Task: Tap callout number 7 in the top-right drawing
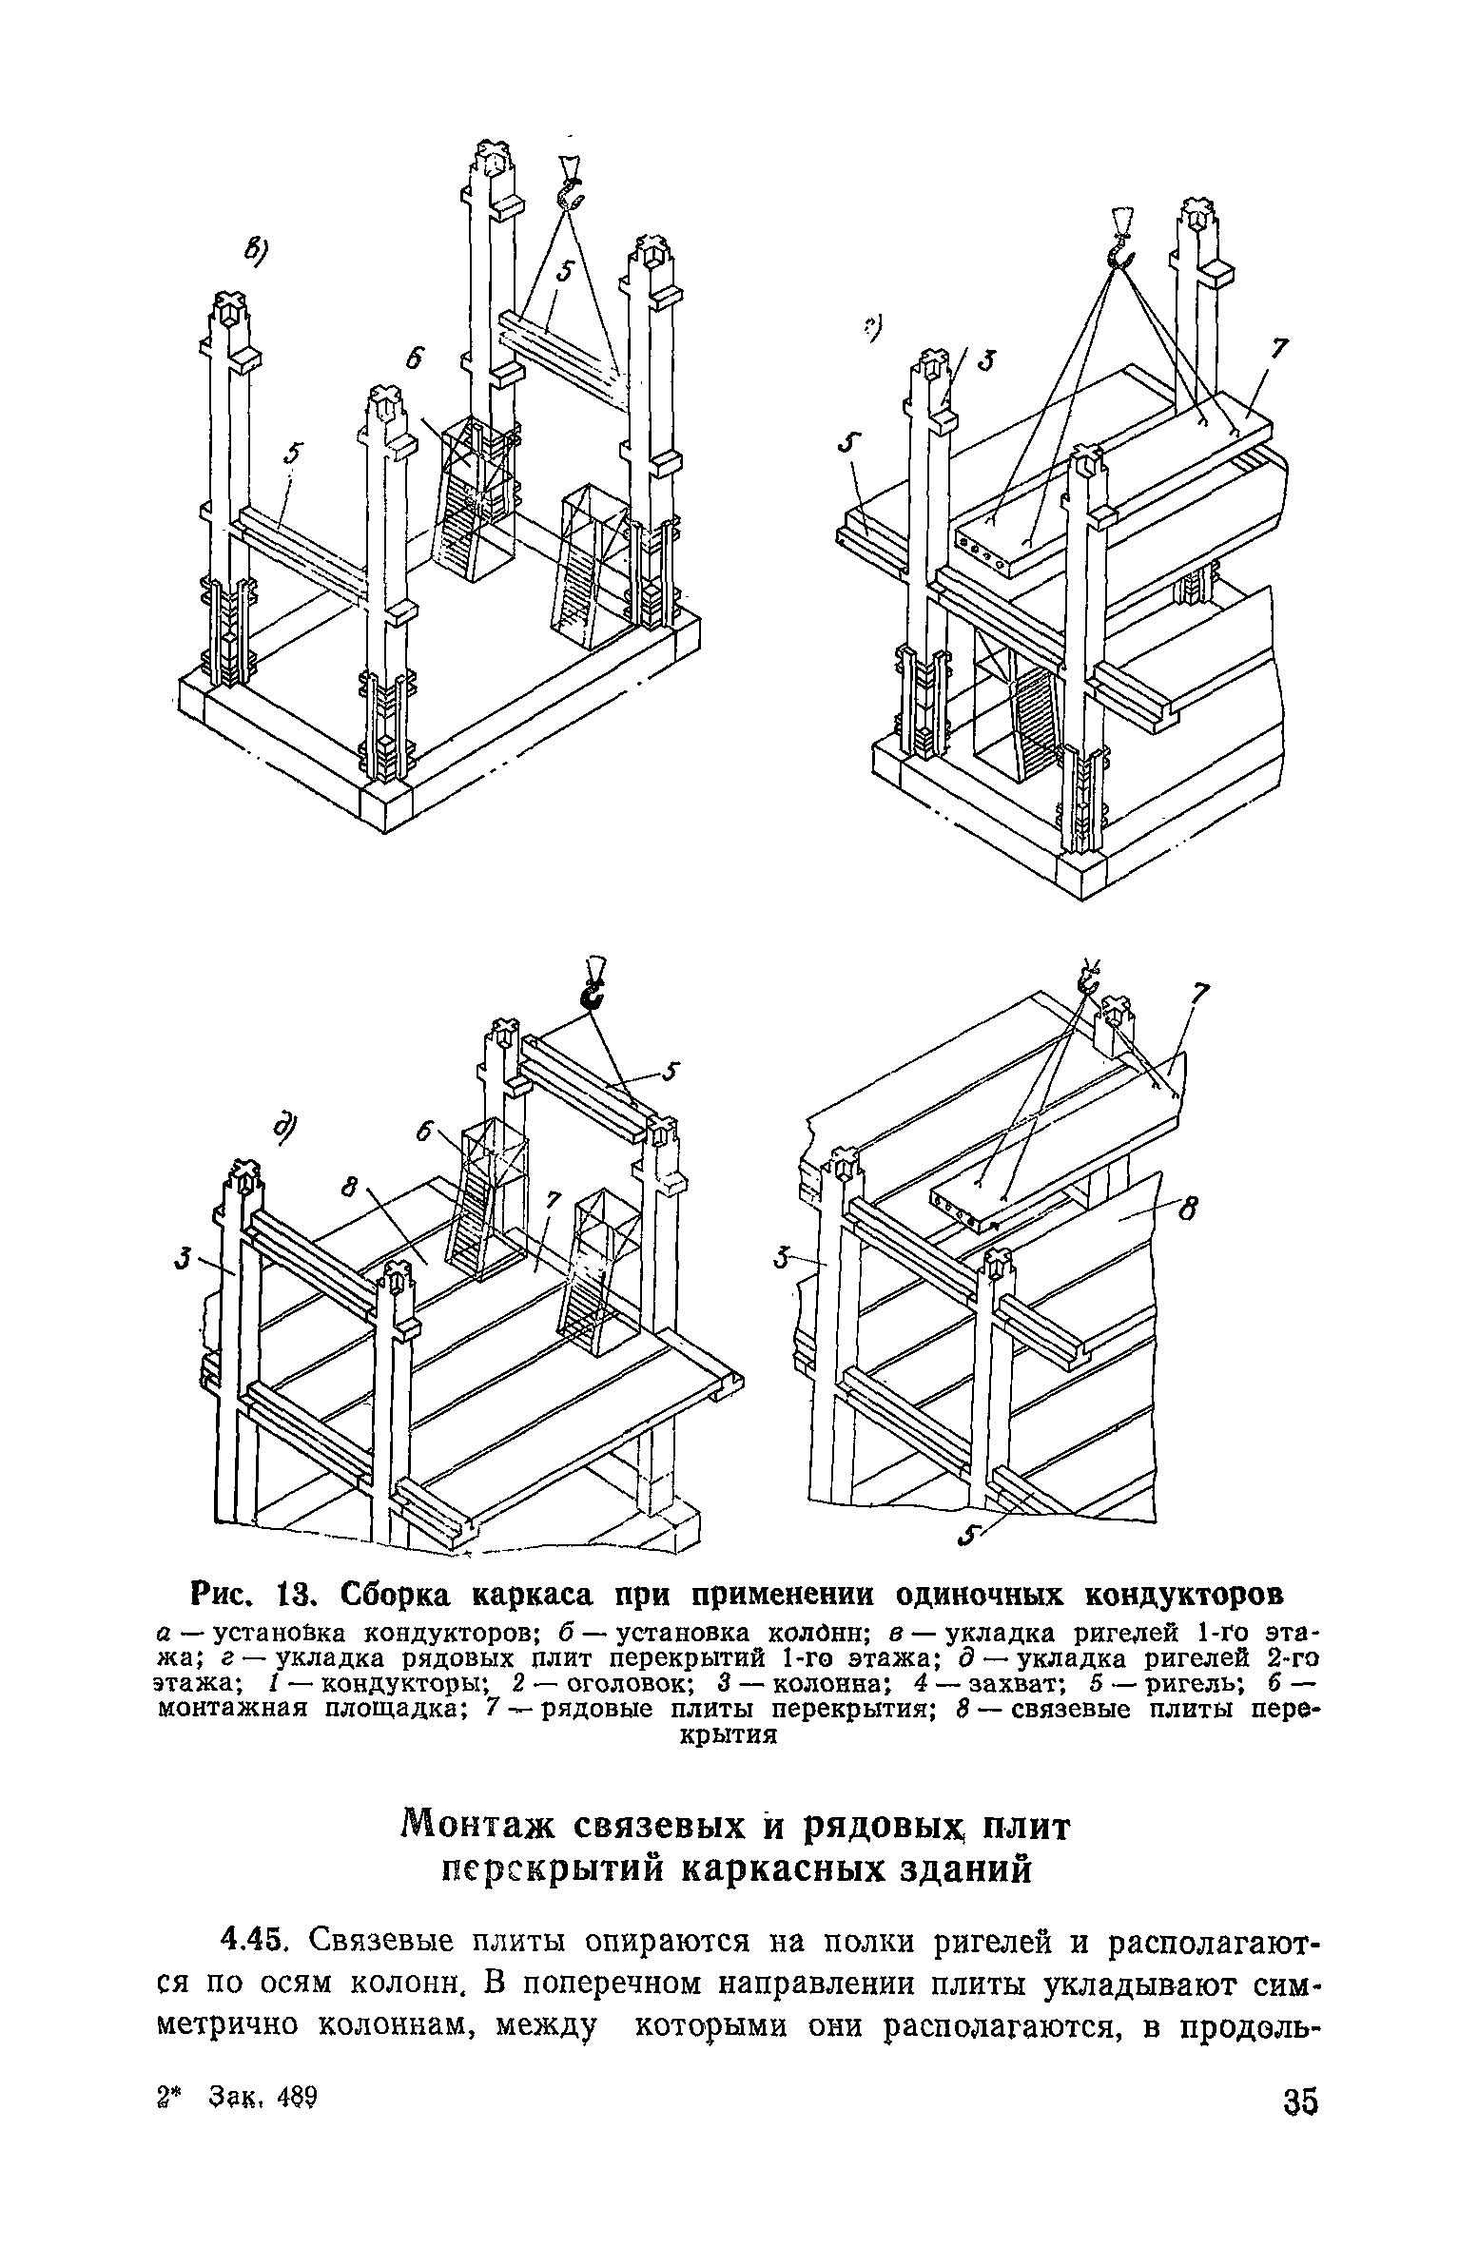click(x=1279, y=350)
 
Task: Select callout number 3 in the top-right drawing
click(x=987, y=362)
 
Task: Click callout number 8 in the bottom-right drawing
click(x=1185, y=1211)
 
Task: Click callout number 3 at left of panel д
click(x=181, y=1262)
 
